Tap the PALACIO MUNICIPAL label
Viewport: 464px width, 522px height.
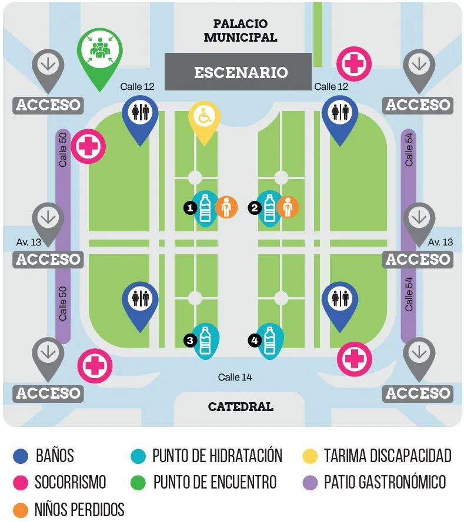[240, 31]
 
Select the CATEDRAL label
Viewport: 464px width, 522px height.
[241, 406]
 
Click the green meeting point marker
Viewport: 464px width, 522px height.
[100, 50]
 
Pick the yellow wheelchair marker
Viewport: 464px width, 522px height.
[204, 117]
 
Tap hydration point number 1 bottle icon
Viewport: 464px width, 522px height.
[205, 208]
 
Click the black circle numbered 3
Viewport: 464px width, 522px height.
[189, 339]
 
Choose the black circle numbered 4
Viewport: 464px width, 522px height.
[254, 339]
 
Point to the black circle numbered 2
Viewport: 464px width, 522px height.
[254, 207]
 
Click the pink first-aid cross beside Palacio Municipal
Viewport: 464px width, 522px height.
[353, 63]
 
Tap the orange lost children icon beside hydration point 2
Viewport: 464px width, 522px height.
[288, 207]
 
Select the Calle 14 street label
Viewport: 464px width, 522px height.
[235, 377]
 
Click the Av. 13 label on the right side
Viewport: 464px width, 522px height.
[440, 242]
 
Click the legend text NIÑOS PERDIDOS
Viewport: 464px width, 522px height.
[79, 509]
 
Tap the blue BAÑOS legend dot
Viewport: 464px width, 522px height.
[21, 456]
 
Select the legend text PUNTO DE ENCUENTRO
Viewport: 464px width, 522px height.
[215, 483]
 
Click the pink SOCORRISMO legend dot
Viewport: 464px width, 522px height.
[21, 483]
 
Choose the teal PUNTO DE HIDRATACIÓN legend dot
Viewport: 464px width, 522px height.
[137, 456]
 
